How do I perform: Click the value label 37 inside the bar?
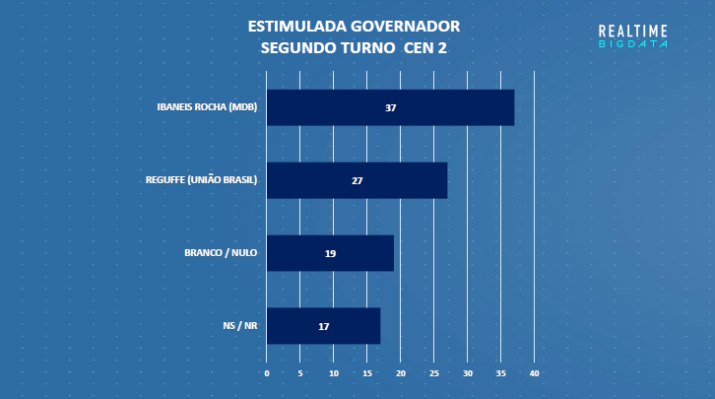click(391, 107)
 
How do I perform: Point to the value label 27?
click(357, 180)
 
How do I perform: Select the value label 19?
click(331, 253)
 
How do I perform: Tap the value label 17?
click(324, 326)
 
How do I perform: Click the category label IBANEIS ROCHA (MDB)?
click(207, 107)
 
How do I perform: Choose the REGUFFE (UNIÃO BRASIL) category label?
click(201, 180)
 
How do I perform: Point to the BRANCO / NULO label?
click(221, 253)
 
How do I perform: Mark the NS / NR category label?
click(240, 326)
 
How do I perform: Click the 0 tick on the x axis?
click(267, 373)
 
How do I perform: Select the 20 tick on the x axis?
click(401, 373)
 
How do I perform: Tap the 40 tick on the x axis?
click(535, 373)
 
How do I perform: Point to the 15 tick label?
click(367, 373)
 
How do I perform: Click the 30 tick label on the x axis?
click(468, 373)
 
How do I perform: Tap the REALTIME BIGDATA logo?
click(633, 36)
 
